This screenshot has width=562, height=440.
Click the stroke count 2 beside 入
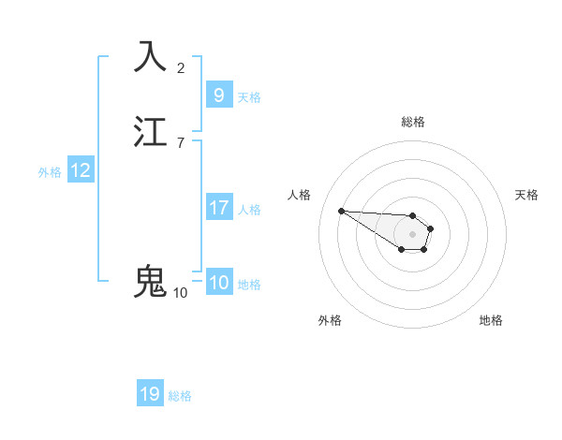[181, 67]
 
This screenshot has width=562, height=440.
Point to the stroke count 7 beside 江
[181, 142]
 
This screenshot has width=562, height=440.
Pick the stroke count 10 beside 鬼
[180, 292]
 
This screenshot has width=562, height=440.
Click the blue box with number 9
[218, 95]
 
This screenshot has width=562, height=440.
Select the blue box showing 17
[218, 208]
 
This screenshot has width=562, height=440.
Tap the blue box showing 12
[80, 170]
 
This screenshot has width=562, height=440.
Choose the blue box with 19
[150, 394]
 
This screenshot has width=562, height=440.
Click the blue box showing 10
[218, 283]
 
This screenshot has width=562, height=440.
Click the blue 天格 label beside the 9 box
[249, 97]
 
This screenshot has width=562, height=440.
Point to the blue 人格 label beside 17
[250, 210]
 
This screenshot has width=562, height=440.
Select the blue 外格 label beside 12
[50, 172]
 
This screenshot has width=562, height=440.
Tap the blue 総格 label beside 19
[180, 396]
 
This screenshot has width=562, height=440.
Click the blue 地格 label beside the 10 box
[249, 285]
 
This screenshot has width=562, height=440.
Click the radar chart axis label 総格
[413, 122]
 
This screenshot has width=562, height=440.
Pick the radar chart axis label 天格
[526, 195]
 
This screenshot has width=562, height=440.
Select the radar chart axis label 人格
[299, 195]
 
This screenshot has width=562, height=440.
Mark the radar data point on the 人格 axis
[341, 211]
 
